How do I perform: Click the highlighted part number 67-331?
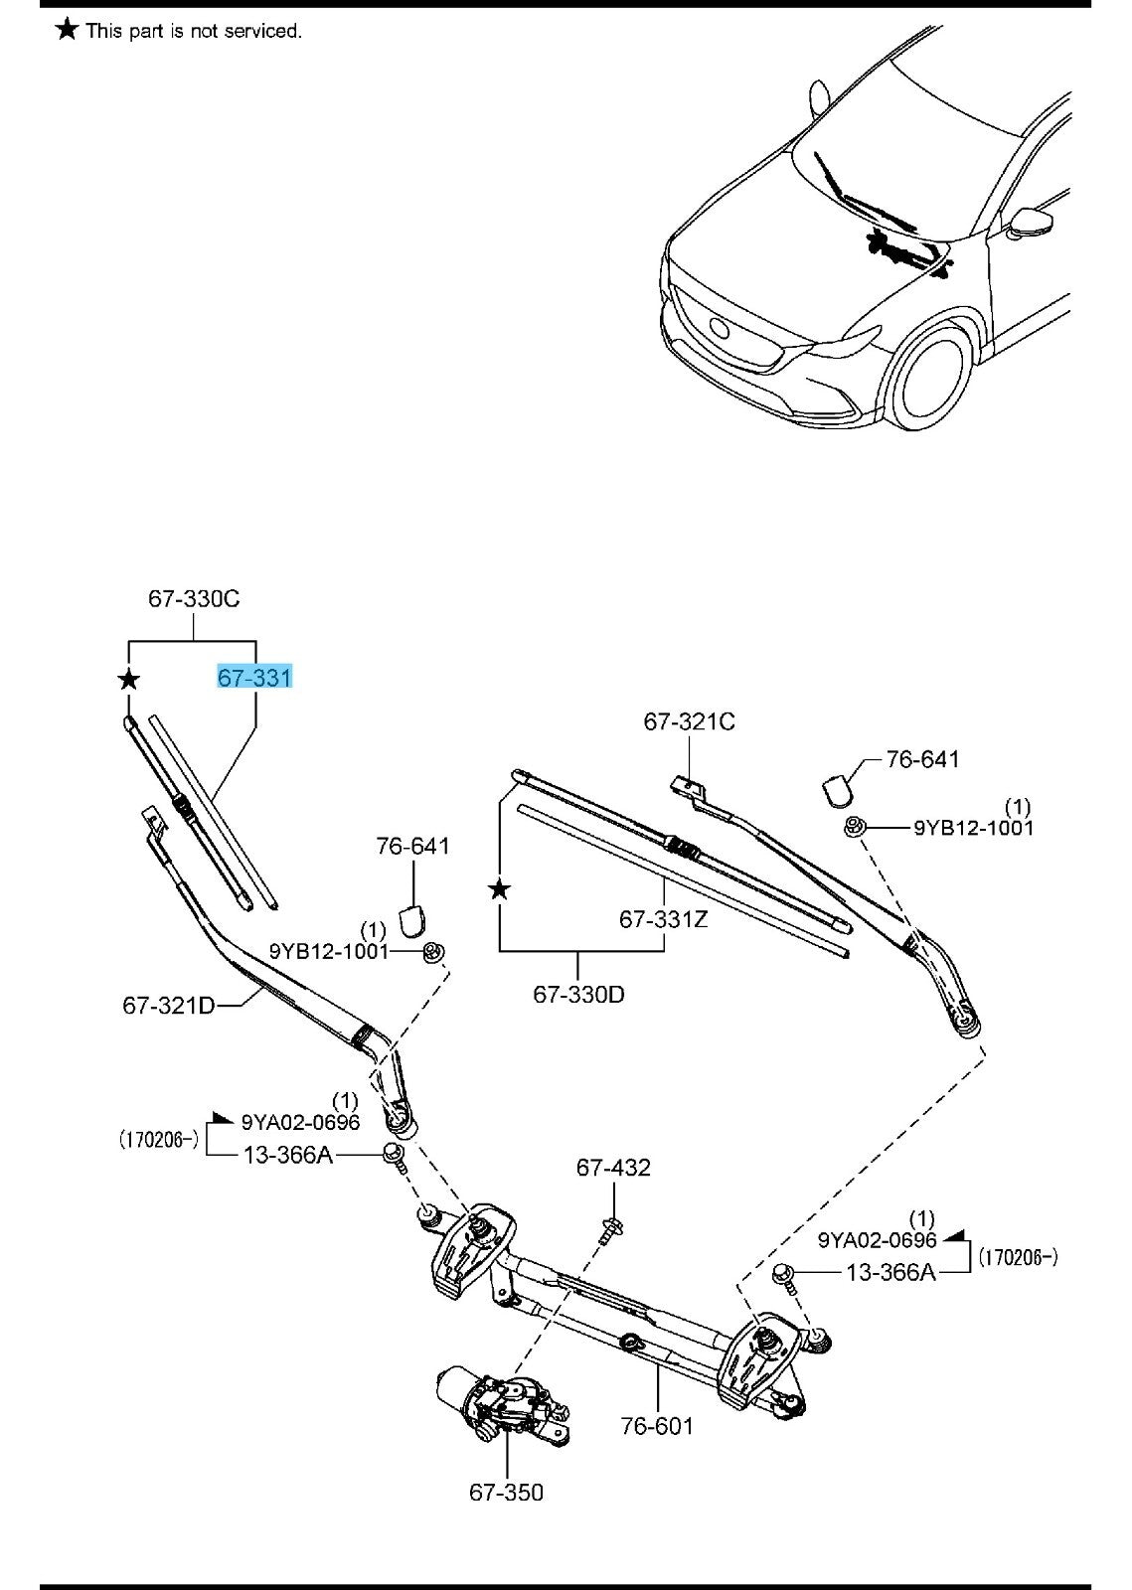[254, 678]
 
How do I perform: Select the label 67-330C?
[194, 598]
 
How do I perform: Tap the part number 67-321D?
[168, 1005]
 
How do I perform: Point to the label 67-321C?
[689, 721]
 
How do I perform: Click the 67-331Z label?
[663, 919]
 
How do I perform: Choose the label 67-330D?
[578, 994]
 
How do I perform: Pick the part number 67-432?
[613, 1168]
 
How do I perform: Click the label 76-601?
[656, 1427]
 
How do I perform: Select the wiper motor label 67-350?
[506, 1492]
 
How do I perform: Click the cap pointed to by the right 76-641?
[838, 788]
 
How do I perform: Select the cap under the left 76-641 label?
[410, 921]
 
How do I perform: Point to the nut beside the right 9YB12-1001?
[852, 826]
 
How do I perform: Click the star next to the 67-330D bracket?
[499, 889]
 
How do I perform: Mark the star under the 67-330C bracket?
[128, 680]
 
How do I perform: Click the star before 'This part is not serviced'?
[67, 30]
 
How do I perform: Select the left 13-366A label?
[288, 1155]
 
